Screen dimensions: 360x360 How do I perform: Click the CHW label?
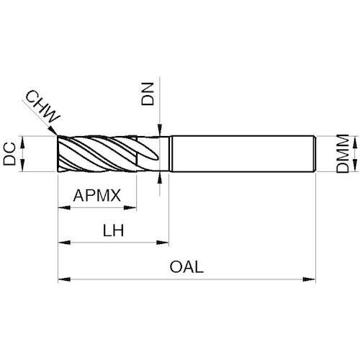point(43,107)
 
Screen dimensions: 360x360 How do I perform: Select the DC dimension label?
point(9,154)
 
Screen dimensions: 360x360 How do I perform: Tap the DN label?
point(147,94)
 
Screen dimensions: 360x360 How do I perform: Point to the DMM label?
point(343,153)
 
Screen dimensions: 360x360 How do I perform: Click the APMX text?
point(97,195)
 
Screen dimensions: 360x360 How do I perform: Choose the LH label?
point(113,230)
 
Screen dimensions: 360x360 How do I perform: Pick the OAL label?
point(186,267)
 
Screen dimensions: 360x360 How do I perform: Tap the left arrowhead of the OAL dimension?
point(64,279)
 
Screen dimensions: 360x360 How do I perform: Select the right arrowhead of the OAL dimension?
point(309,279)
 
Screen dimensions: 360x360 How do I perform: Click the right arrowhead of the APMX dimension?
point(130,207)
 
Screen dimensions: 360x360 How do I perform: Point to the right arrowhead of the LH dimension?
point(163,243)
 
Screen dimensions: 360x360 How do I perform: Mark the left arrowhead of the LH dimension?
point(64,243)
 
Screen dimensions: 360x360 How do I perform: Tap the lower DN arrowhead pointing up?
point(159,178)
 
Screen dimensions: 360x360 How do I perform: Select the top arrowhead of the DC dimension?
point(22,142)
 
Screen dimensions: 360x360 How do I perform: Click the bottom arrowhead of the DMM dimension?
point(355,166)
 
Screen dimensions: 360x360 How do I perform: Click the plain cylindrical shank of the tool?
point(243,153)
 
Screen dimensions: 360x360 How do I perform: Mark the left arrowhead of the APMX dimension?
point(64,207)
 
